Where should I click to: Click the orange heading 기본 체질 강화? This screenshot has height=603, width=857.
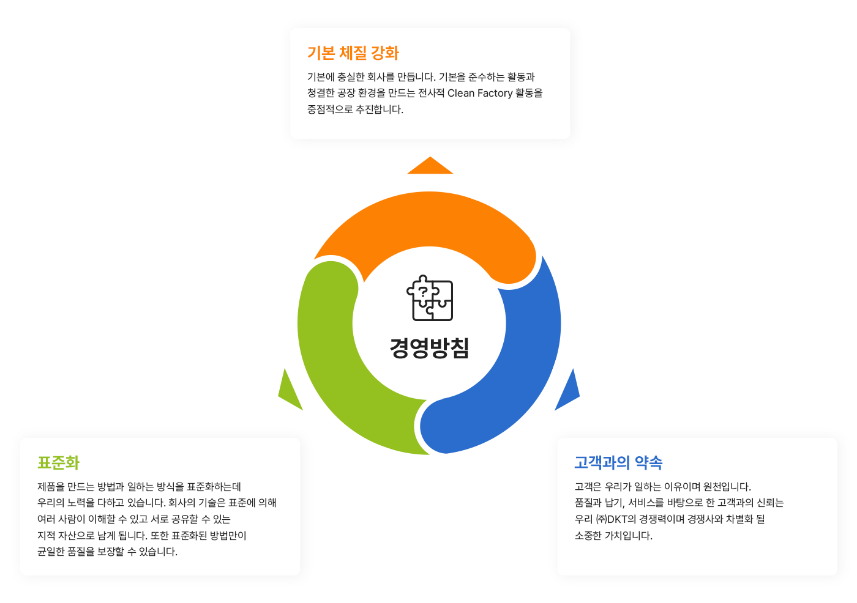[353, 53]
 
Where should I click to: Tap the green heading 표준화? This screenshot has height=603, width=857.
[58, 462]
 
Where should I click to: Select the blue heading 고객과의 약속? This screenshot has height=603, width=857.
[618, 462]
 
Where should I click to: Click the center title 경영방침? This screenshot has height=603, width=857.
[429, 348]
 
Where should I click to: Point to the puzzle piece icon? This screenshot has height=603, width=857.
[430, 298]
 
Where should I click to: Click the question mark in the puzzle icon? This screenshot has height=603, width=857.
[423, 292]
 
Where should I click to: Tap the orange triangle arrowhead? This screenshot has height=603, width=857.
[430, 166]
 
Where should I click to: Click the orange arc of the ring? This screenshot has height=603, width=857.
[429, 218]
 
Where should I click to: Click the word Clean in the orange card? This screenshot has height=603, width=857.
[460, 93]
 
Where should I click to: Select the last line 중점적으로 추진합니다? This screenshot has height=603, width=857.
[356, 109]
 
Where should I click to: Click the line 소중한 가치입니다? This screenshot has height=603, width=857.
[613, 535]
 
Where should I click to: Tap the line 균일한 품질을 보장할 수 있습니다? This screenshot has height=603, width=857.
[108, 552]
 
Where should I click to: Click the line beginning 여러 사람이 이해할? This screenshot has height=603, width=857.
[134, 519]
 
